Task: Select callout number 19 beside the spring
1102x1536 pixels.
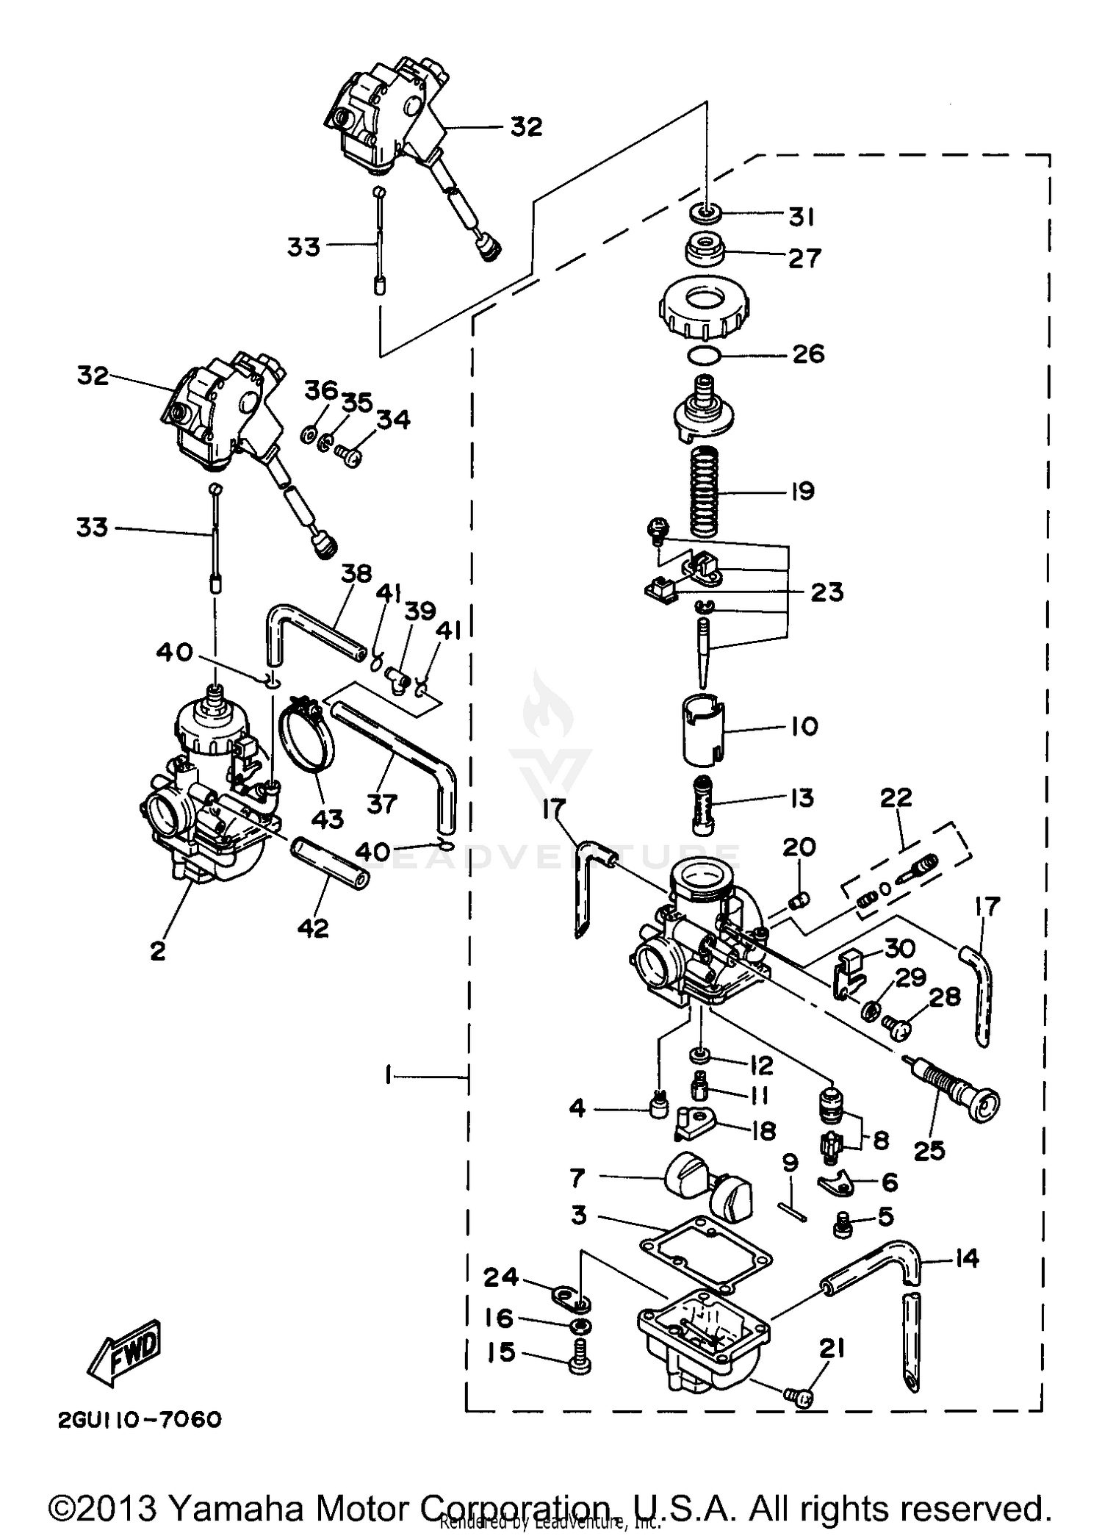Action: tap(802, 491)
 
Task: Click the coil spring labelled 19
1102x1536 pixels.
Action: tap(705, 490)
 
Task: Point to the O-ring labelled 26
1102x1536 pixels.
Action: tap(703, 356)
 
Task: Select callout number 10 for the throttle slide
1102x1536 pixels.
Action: tap(804, 726)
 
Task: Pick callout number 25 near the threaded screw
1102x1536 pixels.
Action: tap(929, 1150)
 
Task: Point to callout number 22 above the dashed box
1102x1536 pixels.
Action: tap(896, 797)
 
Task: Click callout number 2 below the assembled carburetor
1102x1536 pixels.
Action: tap(158, 950)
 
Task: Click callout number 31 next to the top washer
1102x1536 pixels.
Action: tap(801, 218)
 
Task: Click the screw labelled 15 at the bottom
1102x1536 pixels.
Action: tap(580, 1362)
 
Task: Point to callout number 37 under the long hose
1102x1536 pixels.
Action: tap(382, 803)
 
